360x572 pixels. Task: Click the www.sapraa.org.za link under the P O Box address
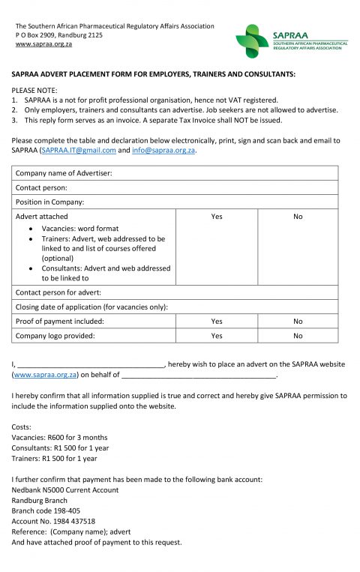[x=43, y=44]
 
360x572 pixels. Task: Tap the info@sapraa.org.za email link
[x=163, y=150]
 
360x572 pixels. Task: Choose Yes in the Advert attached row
[x=217, y=216]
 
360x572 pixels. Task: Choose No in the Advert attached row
[x=298, y=216]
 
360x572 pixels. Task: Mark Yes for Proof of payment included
[x=217, y=321]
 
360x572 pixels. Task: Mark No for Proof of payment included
[x=298, y=321]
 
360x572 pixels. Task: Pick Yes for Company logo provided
[x=217, y=336]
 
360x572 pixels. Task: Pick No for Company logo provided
[x=298, y=336]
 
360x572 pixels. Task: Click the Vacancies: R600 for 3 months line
[x=60, y=437]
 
